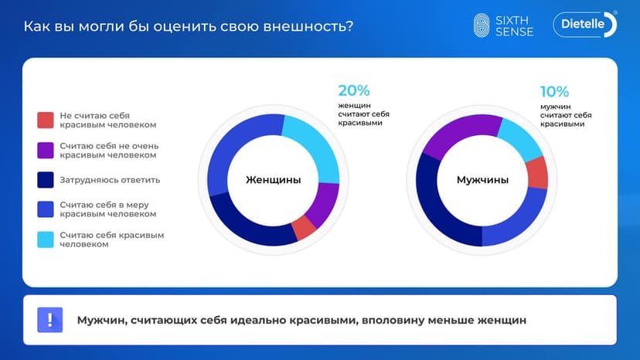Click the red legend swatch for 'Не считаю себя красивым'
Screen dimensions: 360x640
[x=46, y=120]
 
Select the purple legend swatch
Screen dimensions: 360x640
[x=46, y=150]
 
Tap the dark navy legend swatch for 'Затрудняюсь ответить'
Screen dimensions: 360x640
[x=46, y=180]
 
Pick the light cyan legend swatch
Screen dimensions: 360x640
[x=46, y=239]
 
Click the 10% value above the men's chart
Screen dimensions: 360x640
[x=555, y=91]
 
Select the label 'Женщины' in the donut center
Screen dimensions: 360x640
[x=273, y=180]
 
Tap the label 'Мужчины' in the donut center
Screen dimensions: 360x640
[x=482, y=180]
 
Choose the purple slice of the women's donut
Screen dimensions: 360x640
[x=324, y=204]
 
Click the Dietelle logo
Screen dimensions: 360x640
[x=584, y=25]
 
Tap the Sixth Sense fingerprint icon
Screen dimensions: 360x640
[x=482, y=25]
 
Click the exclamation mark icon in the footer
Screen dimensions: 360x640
[x=49, y=319]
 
